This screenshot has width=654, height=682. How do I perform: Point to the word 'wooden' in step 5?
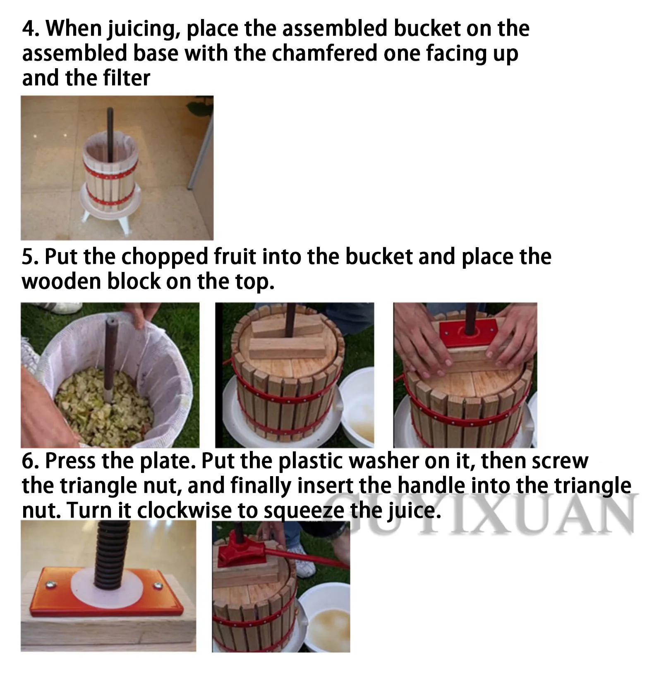tap(61, 281)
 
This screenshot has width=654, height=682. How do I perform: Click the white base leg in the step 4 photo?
tap(122, 225)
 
